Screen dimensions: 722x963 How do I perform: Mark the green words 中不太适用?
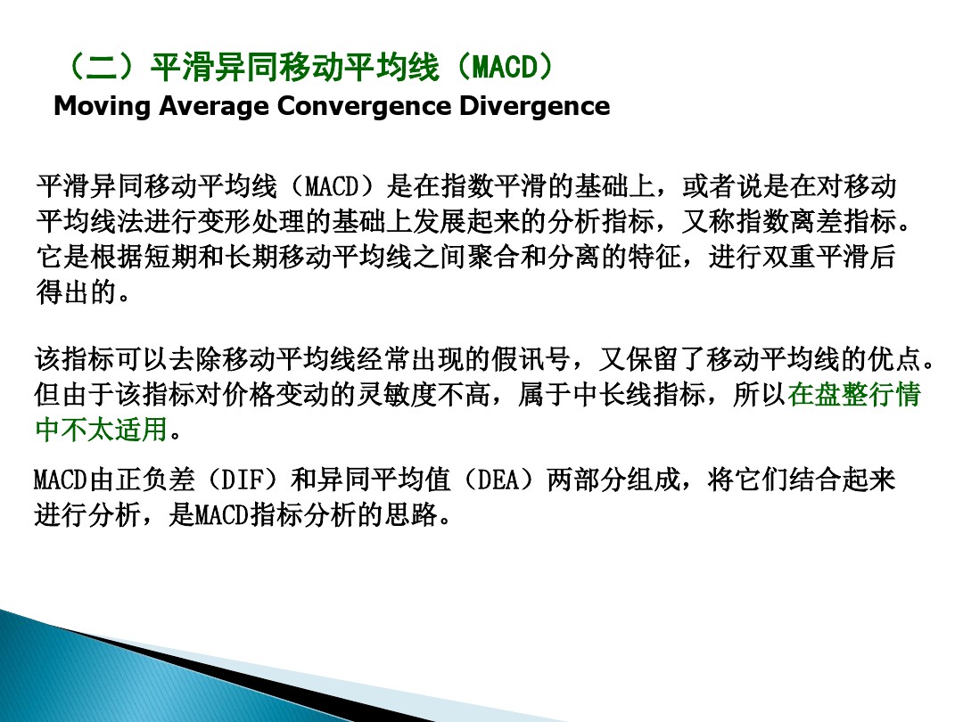click(x=101, y=429)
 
